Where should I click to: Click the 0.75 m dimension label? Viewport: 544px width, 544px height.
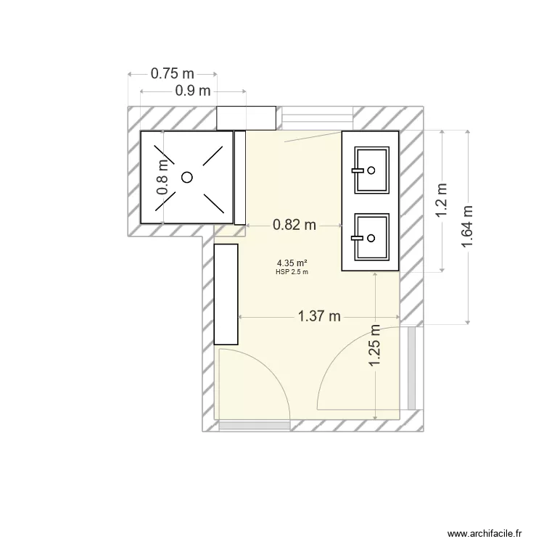173,73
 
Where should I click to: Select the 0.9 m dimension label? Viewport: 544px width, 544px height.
193,91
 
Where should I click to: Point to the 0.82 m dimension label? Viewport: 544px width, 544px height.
294,226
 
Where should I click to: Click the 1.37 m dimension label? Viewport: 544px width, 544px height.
319,316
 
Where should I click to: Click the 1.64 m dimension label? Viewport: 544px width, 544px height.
469,226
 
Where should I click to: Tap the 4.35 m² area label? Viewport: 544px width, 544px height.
292,263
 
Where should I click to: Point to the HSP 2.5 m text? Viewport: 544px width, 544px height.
292,272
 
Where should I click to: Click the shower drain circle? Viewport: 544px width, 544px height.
187,176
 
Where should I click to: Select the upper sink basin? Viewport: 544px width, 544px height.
371,170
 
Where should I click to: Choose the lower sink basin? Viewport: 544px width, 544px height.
371,237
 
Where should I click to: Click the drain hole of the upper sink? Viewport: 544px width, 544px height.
371,170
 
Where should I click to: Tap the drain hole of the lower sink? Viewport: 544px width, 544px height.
371,237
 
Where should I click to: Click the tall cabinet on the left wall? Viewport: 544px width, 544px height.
226,294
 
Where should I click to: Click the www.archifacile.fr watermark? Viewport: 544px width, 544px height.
485,533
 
